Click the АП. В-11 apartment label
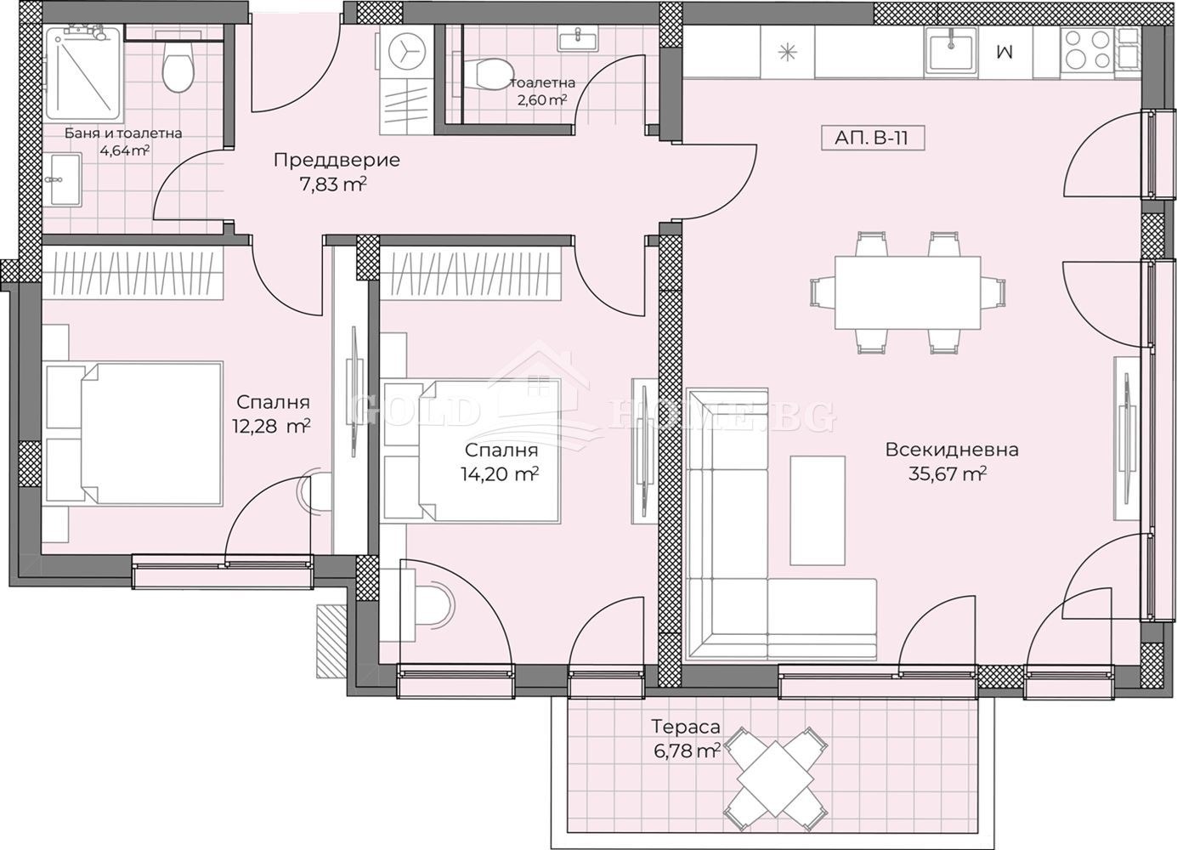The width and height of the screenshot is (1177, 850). click(x=873, y=138)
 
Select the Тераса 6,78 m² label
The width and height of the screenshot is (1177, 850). click(x=686, y=738)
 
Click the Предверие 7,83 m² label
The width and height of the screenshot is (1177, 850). click(x=336, y=171)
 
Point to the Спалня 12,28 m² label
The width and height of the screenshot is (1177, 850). click(x=273, y=413)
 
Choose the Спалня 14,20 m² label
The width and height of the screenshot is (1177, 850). click(x=501, y=462)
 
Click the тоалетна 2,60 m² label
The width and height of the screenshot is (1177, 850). click(x=541, y=91)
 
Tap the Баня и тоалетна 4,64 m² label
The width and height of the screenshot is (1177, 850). click(x=123, y=142)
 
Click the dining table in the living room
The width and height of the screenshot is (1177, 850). click(x=907, y=292)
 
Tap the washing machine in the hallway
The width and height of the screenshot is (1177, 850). click(x=405, y=50)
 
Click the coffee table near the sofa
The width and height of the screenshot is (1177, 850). click(x=818, y=510)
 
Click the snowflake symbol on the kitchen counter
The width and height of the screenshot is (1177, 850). click(x=788, y=51)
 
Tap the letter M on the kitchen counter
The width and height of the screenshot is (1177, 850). click(x=1004, y=51)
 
